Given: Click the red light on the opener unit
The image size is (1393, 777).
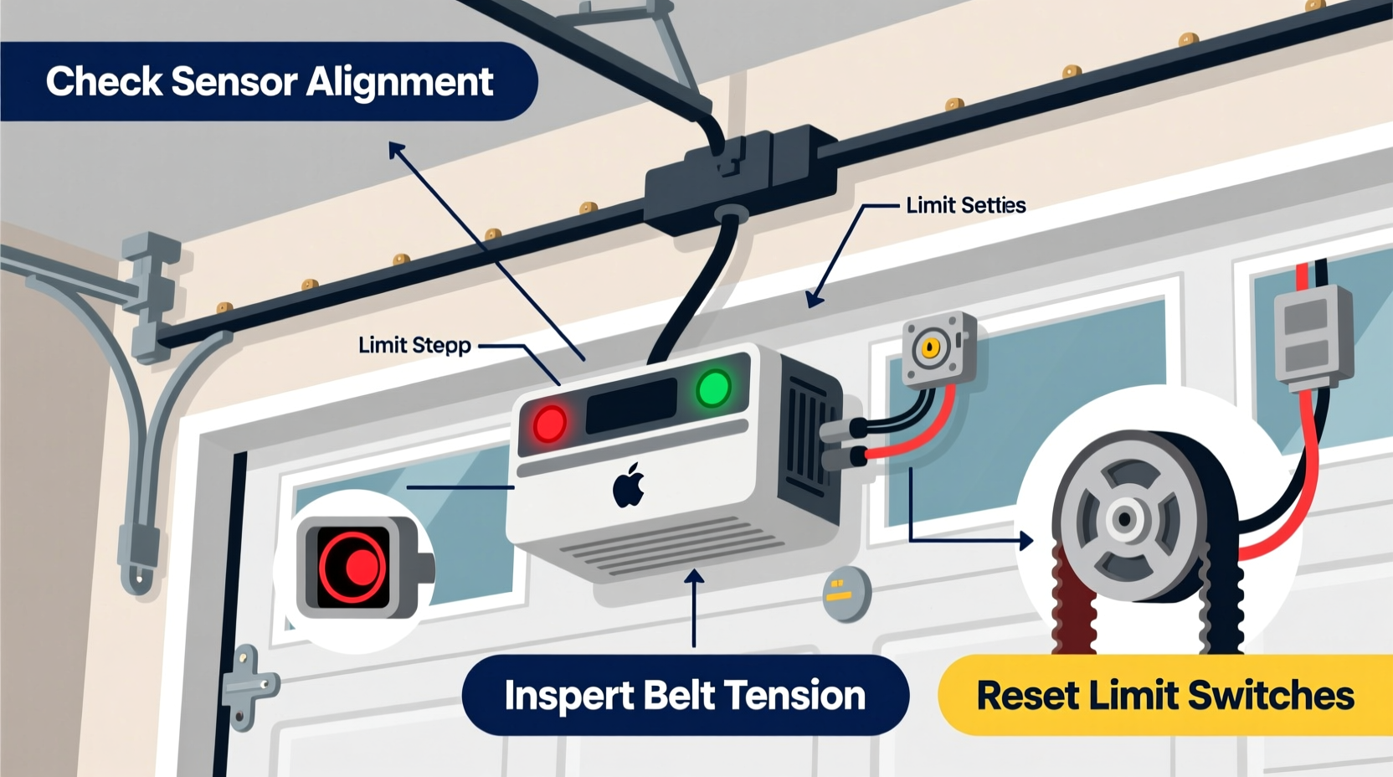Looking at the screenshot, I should click(x=549, y=424).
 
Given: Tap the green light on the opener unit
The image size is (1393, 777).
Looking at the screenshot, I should click(x=713, y=388).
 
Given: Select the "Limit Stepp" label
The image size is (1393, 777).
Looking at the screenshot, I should click(x=414, y=345).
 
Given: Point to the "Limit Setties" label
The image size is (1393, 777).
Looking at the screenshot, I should click(x=965, y=205).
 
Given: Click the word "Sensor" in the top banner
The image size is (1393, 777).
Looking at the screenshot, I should click(x=234, y=82).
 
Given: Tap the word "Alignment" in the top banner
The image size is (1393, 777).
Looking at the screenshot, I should click(x=399, y=82).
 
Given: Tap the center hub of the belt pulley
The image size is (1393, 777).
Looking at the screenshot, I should click(x=1125, y=519).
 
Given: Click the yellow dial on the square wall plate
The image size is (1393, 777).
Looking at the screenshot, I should click(x=930, y=347).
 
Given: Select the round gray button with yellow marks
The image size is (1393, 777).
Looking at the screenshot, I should click(x=846, y=594).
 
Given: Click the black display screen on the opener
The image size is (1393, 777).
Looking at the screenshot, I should click(x=632, y=406).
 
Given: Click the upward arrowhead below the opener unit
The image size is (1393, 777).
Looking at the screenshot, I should click(x=694, y=577).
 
